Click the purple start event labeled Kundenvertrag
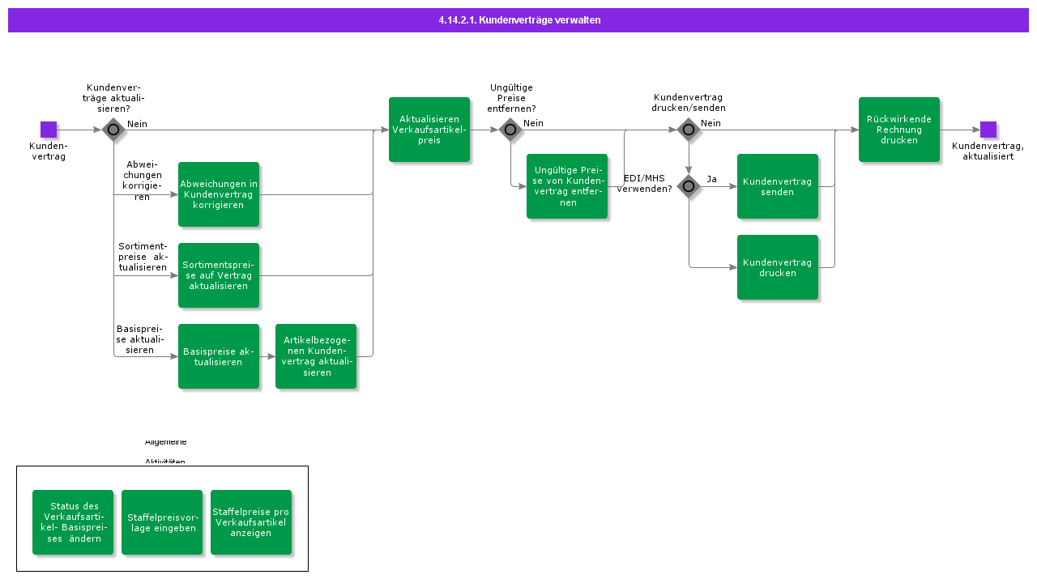point(49,130)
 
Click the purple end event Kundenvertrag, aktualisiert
point(988,130)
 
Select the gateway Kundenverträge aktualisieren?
point(113,130)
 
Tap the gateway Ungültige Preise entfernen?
point(510,130)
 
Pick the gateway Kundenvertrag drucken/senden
point(689,130)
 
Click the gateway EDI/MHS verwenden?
point(689,186)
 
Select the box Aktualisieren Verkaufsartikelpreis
point(429,130)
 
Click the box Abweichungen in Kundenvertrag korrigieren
point(219,194)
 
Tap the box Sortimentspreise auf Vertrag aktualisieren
point(219,275)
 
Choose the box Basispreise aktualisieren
point(219,356)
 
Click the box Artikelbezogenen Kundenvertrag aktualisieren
point(316,356)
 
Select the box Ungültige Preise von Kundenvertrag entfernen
point(567,186)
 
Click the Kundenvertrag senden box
point(778,186)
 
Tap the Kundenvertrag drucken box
point(778,267)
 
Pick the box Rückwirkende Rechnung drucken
point(899,130)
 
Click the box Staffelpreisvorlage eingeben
point(162,522)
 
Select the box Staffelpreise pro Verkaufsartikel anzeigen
point(251,522)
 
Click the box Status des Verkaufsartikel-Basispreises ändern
point(73,522)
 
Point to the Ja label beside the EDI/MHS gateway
point(711,179)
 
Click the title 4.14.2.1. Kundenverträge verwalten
point(518,20)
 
